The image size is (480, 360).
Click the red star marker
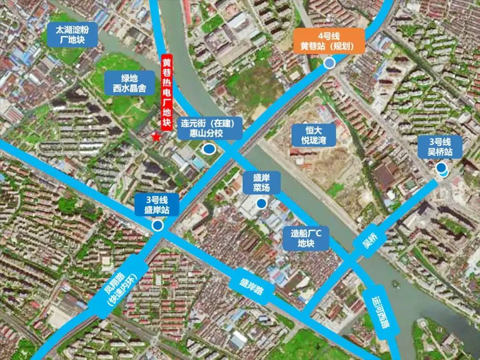[x=156, y=137]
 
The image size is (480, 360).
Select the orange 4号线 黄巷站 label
[x=329, y=41]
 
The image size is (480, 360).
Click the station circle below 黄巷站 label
[x=329, y=63]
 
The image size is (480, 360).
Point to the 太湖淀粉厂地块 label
[x=72, y=35]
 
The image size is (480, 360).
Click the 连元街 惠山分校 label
[x=211, y=128]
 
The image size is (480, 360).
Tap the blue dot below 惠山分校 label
[x=208, y=150]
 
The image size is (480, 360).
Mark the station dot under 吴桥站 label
[x=442, y=168]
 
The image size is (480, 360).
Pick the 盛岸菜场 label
[x=262, y=183]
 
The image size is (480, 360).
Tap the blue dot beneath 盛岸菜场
[x=262, y=204]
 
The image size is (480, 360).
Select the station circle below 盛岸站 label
[x=157, y=226]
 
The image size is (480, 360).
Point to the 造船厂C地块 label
[x=306, y=238]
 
